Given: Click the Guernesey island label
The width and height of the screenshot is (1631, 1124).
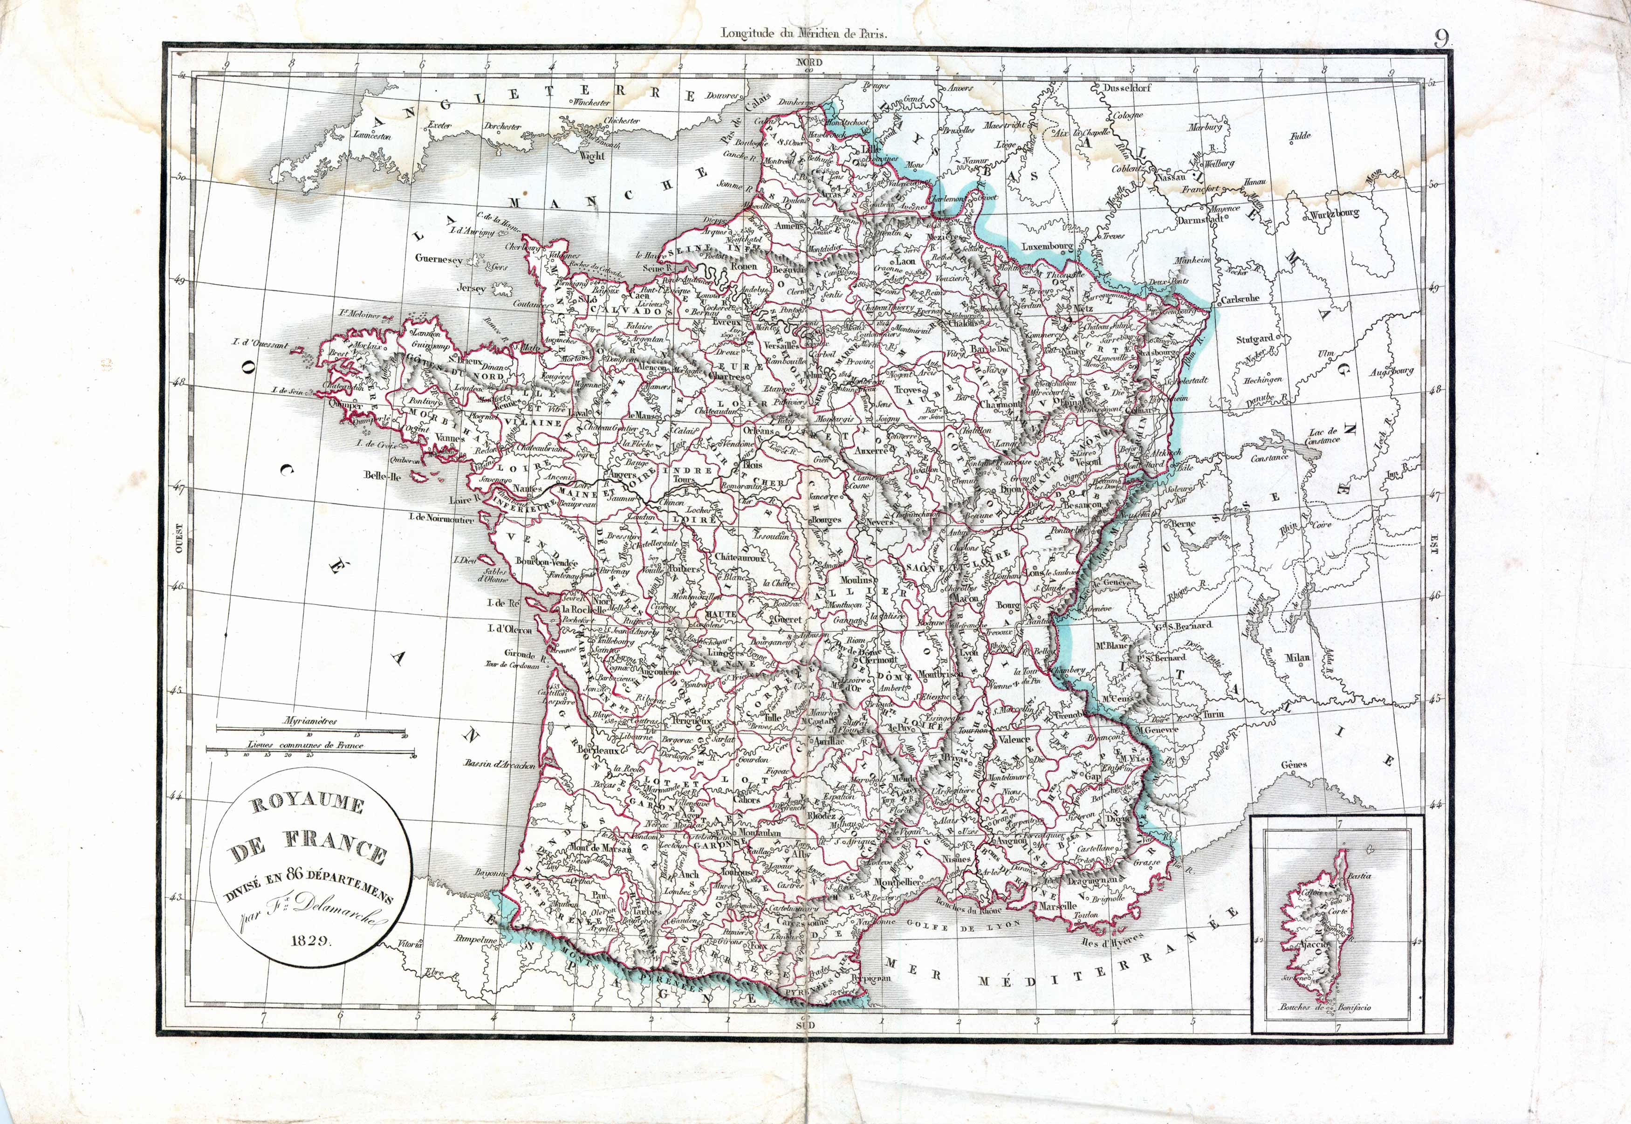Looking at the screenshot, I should click(x=439, y=259).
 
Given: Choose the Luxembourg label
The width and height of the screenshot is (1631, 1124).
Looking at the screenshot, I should click(x=1047, y=247).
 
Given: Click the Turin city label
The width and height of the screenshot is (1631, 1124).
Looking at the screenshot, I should click(x=1213, y=713).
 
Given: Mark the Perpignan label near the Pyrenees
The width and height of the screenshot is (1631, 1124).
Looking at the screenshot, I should click(x=870, y=978).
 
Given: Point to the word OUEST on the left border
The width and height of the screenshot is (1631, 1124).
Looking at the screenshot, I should click(x=179, y=539).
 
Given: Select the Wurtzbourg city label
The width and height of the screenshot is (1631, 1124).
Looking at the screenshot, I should click(x=1334, y=213).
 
